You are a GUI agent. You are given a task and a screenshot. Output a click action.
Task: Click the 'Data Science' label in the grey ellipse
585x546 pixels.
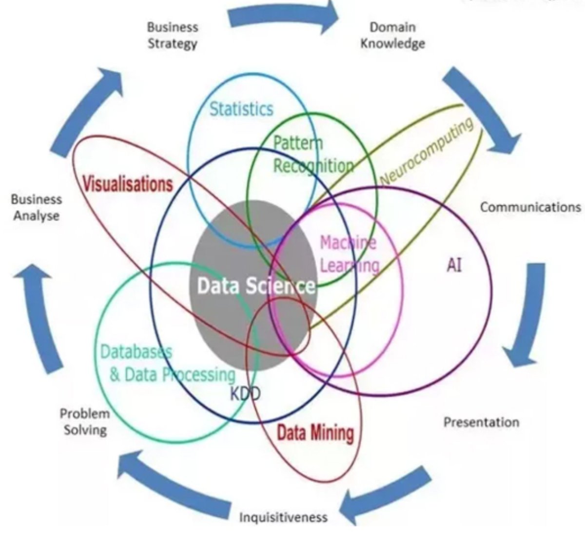pyautogui.click(x=255, y=286)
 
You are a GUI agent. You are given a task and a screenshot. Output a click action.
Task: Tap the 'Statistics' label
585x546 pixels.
pyautogui.click(x=241, y=109)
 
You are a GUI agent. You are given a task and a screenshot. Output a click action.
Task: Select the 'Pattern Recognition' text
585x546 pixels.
pyautogui.click(x=312, y=155)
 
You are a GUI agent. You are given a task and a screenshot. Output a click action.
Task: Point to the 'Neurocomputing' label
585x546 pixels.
pyautogui.click(x=426, y=152)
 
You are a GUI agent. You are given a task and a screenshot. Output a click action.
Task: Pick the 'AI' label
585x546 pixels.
pyautogui.click(x=454, y=266)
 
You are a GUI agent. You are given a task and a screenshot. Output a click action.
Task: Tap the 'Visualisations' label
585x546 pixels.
pyautogui.click(x=128, y=184)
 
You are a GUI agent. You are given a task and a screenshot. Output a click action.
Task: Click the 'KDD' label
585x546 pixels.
pyautogui.click(x=245, y=393)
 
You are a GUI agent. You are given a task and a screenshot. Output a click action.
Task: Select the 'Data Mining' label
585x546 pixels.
pyautogui.click(x=315, y=432)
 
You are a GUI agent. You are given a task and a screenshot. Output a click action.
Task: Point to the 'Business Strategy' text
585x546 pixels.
pyautogui.click(x=173, y=35)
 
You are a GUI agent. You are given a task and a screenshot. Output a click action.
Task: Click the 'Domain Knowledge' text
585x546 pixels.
pyautogui.click(x=392, y=35)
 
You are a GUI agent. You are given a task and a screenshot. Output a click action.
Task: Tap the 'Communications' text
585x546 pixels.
pyautogui.click(x=530, y=207)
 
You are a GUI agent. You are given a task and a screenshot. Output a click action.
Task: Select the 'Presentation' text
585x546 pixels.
pyautogui.click(x=481, y=422)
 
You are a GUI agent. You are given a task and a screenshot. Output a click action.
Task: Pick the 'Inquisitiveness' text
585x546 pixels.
pyautogui.click(x=283, y=517)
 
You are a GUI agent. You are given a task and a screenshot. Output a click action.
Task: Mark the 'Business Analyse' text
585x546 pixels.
pyautogui.click(x=37, y=207)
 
